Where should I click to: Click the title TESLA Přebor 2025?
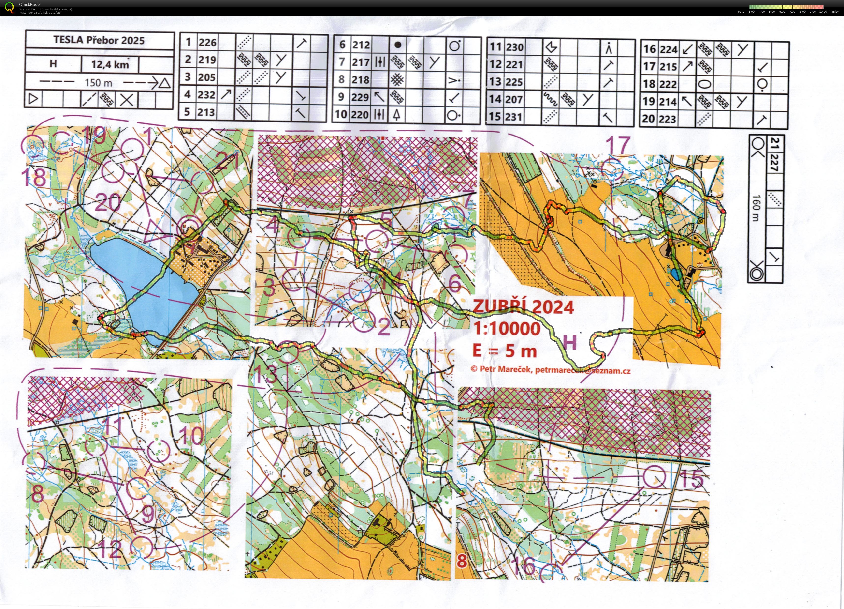click(99, 40)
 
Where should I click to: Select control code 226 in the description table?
click(207, 43)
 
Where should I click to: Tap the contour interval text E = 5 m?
click(505, 350)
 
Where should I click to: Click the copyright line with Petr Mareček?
click(550, 369)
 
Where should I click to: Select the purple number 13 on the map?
click(265, 374)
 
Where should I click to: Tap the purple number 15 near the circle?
click(691, 479)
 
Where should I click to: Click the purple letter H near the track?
click(570, 342)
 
